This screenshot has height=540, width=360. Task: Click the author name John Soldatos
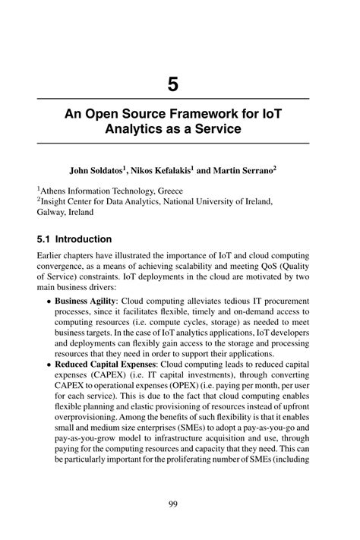(x=99, y=171)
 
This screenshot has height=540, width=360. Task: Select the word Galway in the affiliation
(x=53, y=214)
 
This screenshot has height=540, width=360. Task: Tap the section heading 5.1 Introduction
(x=74, y=238)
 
